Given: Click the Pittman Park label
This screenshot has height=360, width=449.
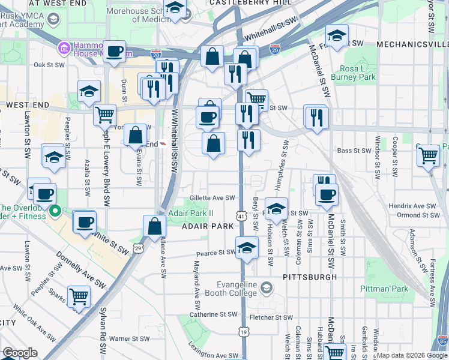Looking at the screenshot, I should (384, 289).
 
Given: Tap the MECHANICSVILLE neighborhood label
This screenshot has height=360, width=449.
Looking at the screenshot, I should (412, 45).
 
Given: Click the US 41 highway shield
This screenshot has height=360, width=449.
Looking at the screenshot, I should (241, 215).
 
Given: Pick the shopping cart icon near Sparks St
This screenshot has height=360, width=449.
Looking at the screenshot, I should (79, 296).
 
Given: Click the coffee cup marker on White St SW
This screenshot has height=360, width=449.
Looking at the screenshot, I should (85, 222).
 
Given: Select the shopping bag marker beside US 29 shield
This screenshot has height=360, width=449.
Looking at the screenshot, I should (154, 226).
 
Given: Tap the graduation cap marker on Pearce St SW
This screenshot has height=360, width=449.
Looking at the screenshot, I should (246, 247).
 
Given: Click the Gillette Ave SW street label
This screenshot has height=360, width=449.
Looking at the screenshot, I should (208, 197).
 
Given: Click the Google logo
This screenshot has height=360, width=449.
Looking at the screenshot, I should (20, 353).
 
